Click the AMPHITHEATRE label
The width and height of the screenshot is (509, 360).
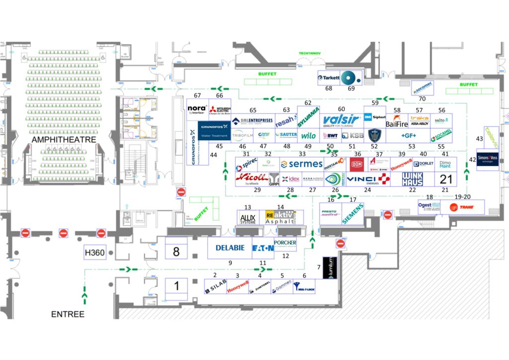click(x=64, y=140)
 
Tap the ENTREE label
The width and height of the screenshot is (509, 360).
click(x=68, y=314)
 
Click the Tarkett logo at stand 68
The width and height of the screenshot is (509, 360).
click(x=329, y=78)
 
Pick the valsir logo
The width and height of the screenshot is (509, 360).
click(x=341, y=120)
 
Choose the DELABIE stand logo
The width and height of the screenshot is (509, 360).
click(x=230, y=248)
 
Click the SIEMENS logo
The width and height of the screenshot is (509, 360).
click(x=353, y=213)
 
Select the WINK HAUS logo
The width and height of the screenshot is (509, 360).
click(x=413, y=179)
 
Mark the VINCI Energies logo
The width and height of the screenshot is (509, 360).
click(x=368, y=179)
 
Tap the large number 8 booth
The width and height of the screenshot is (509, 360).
click(x=176, y=251)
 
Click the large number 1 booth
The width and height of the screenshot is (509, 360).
click(x=176, y=286)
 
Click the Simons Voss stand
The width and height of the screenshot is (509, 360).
click(x=487, y=159)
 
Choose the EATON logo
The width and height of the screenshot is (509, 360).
click(x=263, y=248)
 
